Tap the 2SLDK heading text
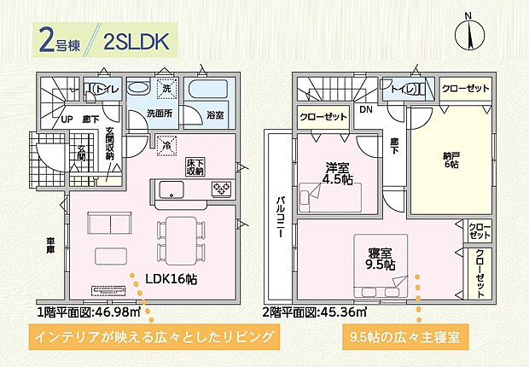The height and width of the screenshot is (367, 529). [135, 39]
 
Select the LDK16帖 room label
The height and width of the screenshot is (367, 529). [171, 278]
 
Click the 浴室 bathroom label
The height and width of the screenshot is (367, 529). [215, 114]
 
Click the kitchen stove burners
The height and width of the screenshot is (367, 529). [221, 189]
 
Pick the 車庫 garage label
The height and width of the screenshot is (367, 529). [50, 247]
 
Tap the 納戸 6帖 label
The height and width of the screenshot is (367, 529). [450, 160]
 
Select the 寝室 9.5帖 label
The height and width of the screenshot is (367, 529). [381, 258]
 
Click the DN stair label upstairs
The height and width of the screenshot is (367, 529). [365, 110]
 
